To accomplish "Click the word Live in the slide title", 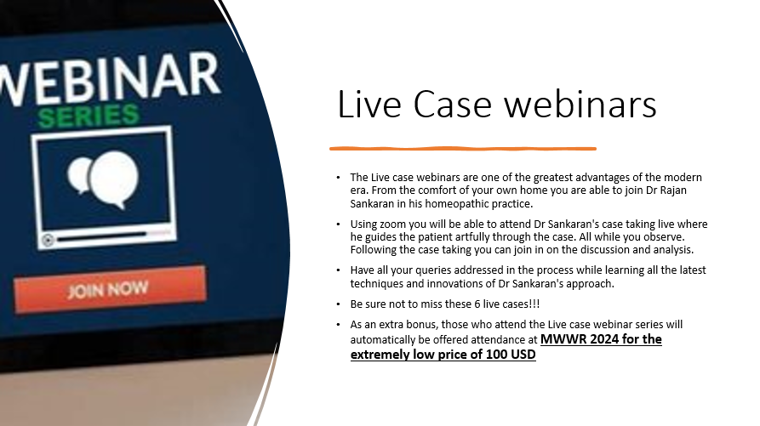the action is pyautogui.click(x=369, y=104).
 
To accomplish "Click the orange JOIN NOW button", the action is pyautogui.click(x=110, y=289).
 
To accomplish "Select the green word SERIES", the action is pyautogui.click(x=89, y=116).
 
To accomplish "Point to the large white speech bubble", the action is pyautogui.click(x=113, y=179).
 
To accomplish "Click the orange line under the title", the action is pyautogui.click(x=463, y=149).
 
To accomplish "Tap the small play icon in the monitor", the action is pyautogui.click(x=48, y=240).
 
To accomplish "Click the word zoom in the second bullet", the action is pyautogui.click(x=392, y=224).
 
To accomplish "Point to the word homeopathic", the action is pyautogui.click(x=457, y=204).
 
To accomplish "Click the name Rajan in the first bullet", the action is pyautogui.click(x=672, y=190).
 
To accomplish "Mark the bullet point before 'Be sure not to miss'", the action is pyautogui.click(x=338, y=304).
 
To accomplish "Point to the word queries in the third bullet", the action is pyautogui.click(x=433, y=270).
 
